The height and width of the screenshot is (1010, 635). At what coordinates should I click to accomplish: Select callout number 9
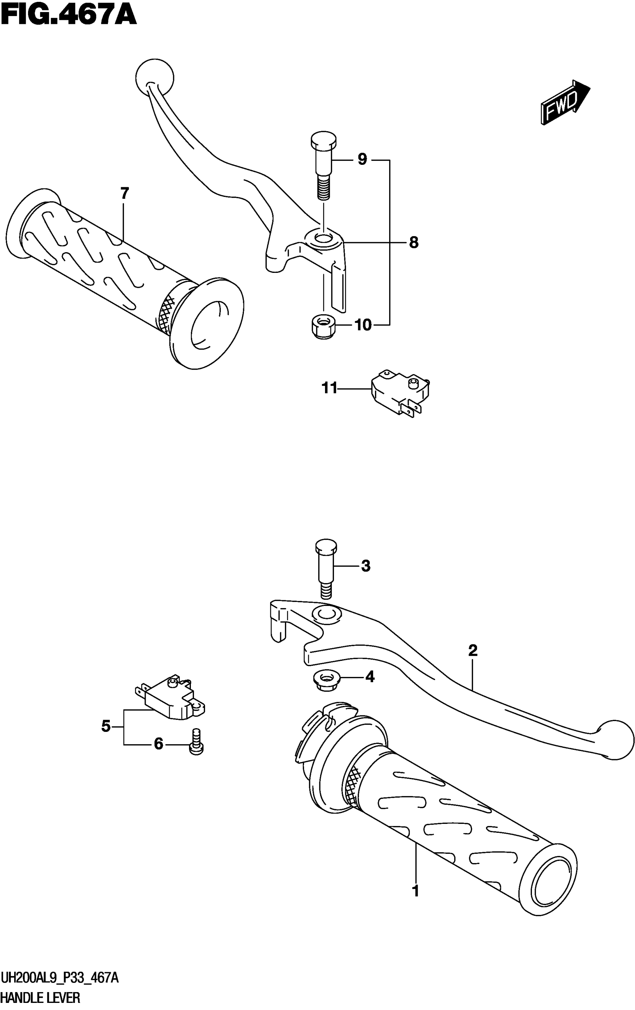tap(362, 159)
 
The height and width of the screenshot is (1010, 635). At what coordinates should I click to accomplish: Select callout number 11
tap(329, 389)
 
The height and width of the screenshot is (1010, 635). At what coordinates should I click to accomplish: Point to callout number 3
tap(365, 566)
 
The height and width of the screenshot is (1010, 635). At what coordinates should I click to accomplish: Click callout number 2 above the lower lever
tap(473, 650)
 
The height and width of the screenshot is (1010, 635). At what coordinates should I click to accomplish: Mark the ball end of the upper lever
tap(155, 77)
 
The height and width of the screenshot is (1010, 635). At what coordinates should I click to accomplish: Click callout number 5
tap(106, 726)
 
